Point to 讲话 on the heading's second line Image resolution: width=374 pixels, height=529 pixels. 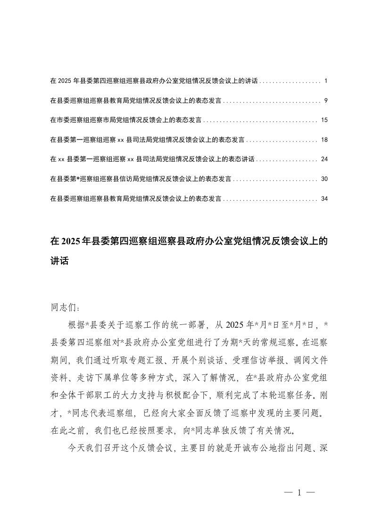tap(59, 260)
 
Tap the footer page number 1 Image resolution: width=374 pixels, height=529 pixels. tap(299, 493)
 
